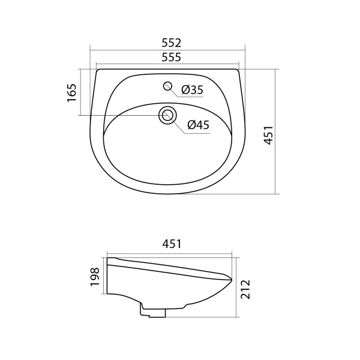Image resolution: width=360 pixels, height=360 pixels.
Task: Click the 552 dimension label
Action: point(171,43)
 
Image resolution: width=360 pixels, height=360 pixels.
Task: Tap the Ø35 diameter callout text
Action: point(192,90)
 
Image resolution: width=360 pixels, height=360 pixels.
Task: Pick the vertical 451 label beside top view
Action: point(269,136)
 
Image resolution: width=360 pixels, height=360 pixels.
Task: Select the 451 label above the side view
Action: point(171,244)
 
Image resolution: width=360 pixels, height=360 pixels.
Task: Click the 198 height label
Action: point(94,277)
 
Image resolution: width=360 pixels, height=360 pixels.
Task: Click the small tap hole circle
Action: point(168,86)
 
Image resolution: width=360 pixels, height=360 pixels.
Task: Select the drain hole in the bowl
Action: point(167,115)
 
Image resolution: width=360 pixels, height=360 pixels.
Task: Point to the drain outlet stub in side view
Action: point(153,310)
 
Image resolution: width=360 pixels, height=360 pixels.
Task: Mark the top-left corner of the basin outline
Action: point(97,70)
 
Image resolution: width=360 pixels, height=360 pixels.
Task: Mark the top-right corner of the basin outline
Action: point(241,70)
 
